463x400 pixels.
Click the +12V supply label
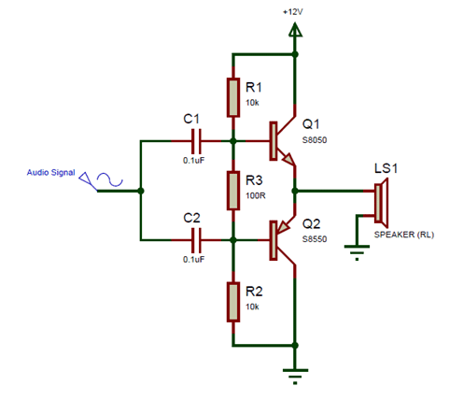tap(292, 12)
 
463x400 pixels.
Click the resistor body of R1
tap(233, 97)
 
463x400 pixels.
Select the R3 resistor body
tap(233, 191)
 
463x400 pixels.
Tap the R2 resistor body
tap(233, 302)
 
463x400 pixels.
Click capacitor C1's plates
tap(196, 141)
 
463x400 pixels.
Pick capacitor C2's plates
tap(196, 240)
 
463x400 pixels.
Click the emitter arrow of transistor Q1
tap(288, 159)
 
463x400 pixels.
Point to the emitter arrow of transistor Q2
tap(283, 227)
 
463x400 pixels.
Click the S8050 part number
tap(315, 140)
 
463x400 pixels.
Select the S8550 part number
tap(315, 239)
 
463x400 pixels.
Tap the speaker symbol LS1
tap(381, 203)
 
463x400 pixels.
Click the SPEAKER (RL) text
tap(404, 235)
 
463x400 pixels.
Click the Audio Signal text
tap(50, 172)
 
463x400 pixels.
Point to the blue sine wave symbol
tap(110, 179)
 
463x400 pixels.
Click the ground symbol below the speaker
tap(357, 252)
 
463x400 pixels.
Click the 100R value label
tap(256, 195)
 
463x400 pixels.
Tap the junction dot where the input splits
tap(141, 191)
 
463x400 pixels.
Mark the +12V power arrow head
tap(295, 30)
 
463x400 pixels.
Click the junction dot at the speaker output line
tap(295, 191)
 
